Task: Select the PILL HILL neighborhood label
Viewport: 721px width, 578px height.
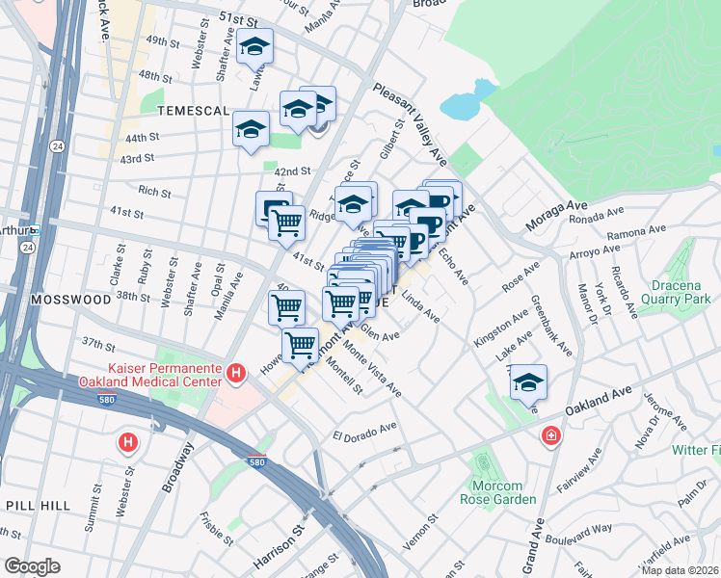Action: click(35, 505)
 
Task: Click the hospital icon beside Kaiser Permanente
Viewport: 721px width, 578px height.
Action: click(234, 371)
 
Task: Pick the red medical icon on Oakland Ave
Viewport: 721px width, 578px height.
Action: click(550, 435)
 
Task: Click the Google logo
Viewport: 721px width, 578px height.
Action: click(31, 565)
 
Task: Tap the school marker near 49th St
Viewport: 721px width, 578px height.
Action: click(254, 47)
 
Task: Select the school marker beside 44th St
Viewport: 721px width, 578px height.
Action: click(251, 128)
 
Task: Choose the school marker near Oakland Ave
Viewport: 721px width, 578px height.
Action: click(528, 382)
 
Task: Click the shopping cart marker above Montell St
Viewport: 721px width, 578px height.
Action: click(301, 343)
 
